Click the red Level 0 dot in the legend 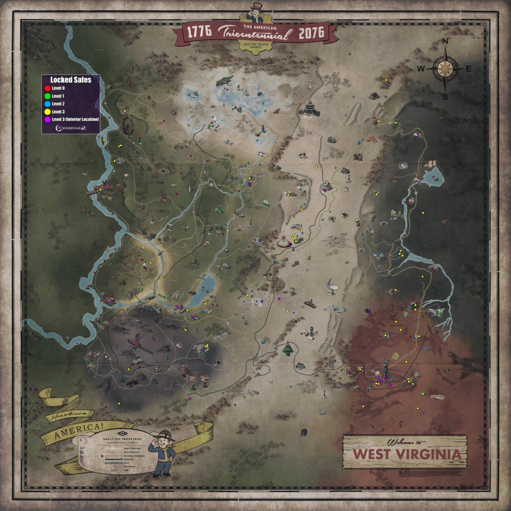tap(47, 88)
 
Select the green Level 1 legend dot tap(47, 96)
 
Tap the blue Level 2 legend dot tap(47, 104)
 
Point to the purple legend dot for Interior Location tap(47, 119)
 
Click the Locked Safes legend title tap(70, 80)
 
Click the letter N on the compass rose tap(446, 41)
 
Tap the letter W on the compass tap(421, 69)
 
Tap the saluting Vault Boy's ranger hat tap(164, 433)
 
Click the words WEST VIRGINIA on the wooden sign tap(404, 455)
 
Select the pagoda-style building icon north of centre tap(310, 107)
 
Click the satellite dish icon tap(332, 288)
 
